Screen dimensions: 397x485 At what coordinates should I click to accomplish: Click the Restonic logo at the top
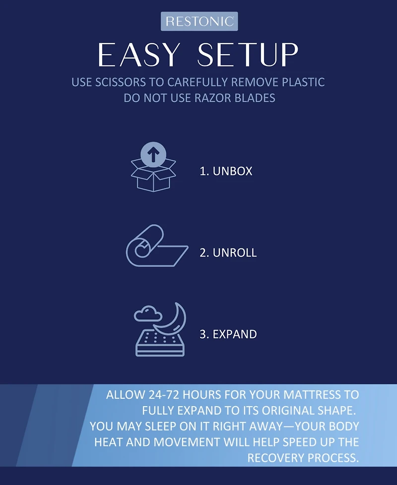199,21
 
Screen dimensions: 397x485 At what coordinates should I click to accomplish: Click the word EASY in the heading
139,55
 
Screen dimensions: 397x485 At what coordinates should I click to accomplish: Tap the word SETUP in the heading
248,55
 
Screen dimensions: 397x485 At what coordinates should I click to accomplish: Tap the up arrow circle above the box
153,154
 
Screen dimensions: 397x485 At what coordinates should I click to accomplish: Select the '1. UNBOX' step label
226,171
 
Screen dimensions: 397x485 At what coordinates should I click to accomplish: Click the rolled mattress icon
157,245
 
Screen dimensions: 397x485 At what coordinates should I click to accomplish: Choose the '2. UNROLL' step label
228,253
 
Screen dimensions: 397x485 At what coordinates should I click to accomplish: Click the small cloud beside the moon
148,314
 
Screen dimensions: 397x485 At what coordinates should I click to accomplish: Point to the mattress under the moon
160,343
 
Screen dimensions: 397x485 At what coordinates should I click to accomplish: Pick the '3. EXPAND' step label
228,334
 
